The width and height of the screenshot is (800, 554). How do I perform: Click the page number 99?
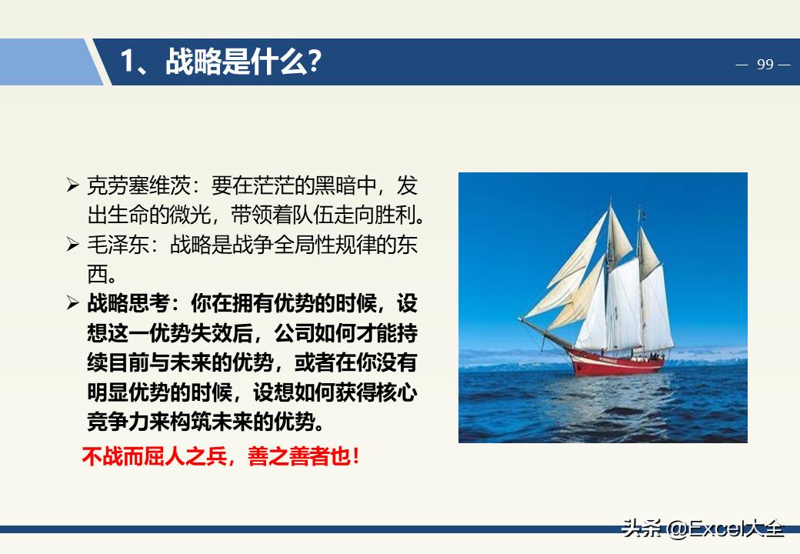click(765, 65)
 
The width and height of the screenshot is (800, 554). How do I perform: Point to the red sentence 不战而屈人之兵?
click(154, 456)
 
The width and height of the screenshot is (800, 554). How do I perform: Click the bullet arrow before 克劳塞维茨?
click(73, 185)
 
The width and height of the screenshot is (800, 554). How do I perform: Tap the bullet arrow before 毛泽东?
click(73, 245)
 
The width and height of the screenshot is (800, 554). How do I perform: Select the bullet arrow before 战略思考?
click(73, 303)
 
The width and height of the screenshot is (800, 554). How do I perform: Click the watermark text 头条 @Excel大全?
click(703, 529)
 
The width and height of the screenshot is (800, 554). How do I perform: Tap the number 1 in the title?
click(128, 62)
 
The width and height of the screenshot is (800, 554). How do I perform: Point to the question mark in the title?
click(313, 62)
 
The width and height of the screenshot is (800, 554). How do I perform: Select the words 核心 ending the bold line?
click(400, 392)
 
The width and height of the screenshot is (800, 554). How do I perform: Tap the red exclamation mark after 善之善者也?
click(355, 456)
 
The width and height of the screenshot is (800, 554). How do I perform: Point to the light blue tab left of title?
click(46, 62)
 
